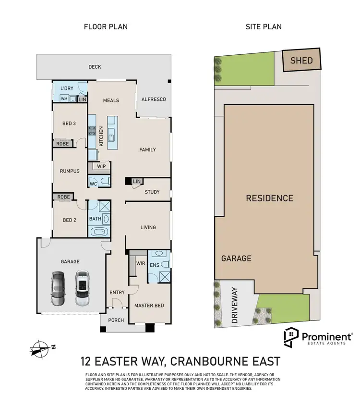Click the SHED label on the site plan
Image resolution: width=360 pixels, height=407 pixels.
point(301,60)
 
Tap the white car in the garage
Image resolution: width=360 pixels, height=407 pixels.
point(82,288)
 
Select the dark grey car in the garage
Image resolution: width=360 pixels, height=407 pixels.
point(58,288)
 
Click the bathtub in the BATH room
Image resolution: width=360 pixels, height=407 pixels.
point(99,232)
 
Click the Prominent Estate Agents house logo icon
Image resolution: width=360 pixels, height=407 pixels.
point(291,338)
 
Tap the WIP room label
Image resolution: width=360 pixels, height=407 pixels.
point(101,166)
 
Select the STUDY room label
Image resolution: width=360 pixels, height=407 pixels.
point(152,192)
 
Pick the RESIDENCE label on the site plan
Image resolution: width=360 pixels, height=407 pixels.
point(269,198)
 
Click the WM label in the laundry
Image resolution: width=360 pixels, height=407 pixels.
point(64,99)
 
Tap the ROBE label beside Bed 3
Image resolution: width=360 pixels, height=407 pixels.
point(62,144)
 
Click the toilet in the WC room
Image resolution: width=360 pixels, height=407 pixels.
point(105,181)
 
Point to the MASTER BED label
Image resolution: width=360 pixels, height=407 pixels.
point(149,306)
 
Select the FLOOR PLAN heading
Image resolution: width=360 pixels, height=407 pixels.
point(106,26)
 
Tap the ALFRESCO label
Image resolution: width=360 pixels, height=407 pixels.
point(153,99)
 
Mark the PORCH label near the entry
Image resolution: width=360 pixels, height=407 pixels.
point(115,320)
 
